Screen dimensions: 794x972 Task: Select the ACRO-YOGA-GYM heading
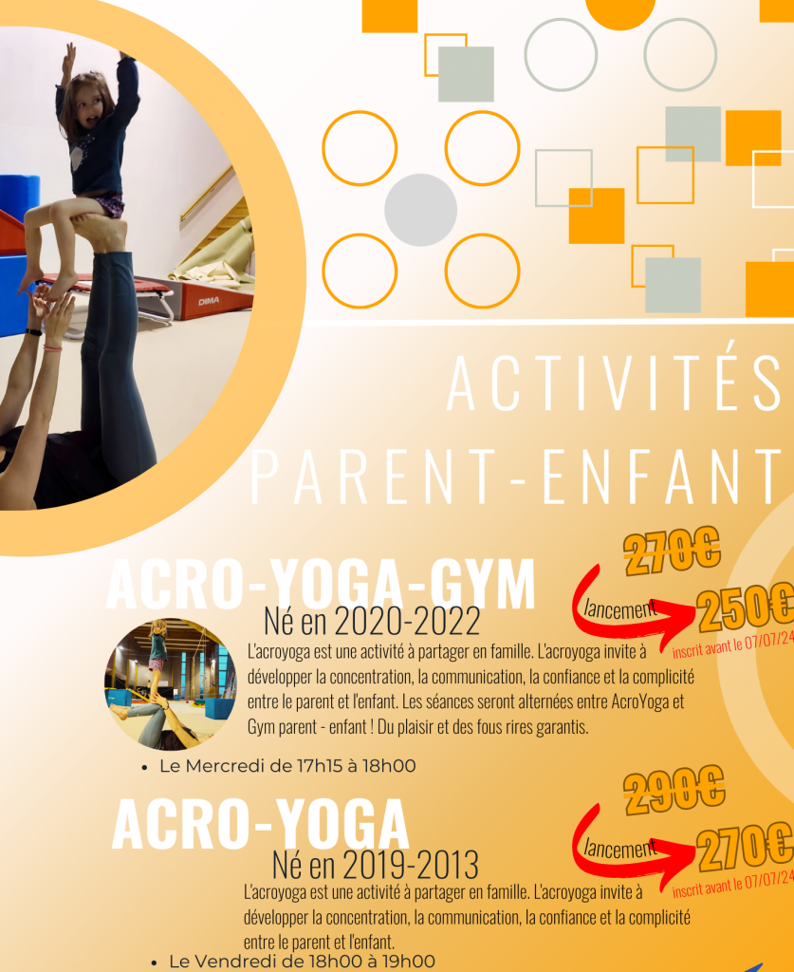coord(321,584)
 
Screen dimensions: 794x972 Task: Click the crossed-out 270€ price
coord(672,551)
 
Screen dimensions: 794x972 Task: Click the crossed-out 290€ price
coord(674,789)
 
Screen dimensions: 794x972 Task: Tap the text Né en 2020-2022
coord(372,621)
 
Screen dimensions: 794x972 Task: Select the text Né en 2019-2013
coord(376,865)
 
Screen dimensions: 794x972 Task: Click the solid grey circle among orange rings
coord(420,210)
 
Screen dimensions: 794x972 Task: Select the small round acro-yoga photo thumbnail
coord(171,684)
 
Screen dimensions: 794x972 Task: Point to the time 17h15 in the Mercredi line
coord(319,766)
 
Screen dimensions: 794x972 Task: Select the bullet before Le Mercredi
coord(144,768)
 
